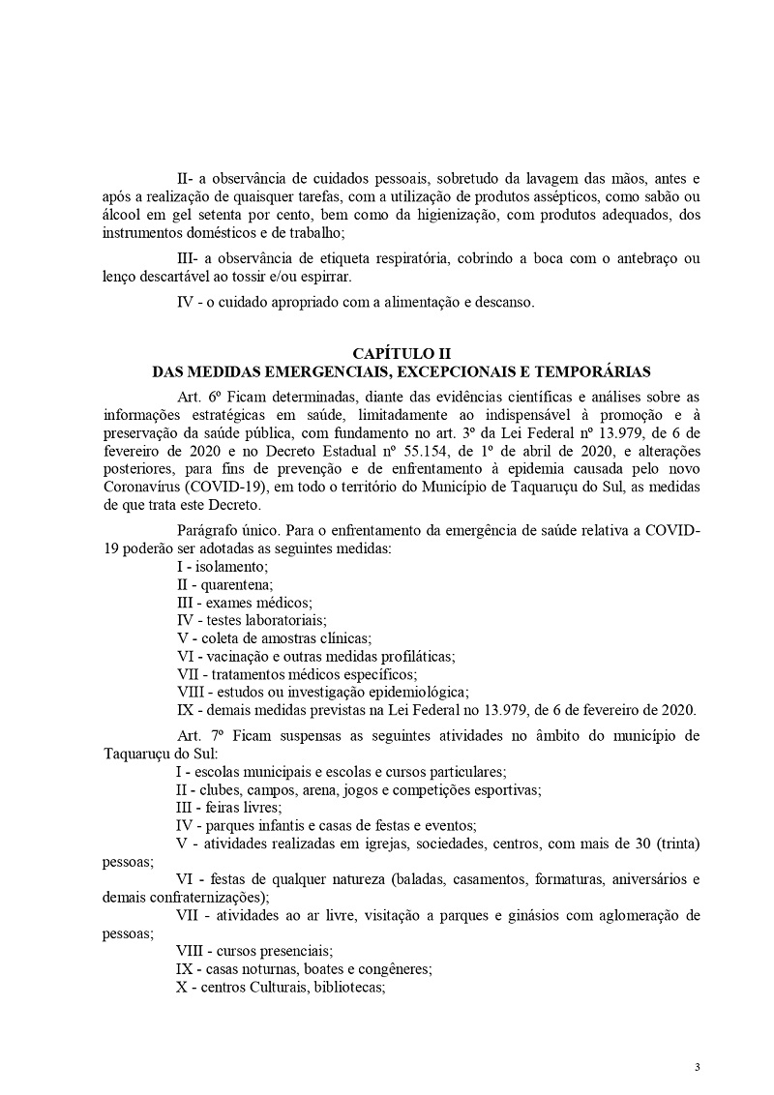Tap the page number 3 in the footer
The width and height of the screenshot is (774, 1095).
click(697, 1066)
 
